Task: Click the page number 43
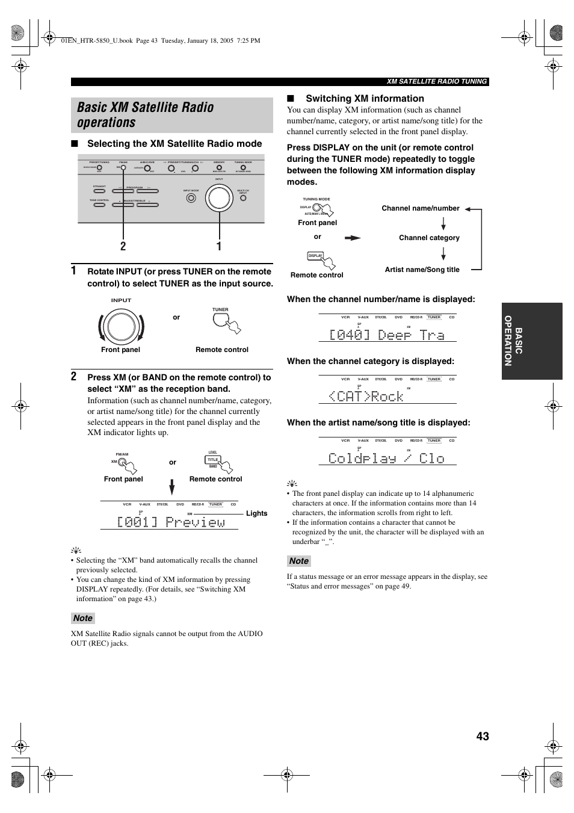[x=482, y=736]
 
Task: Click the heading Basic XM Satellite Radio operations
[x=146, y=115]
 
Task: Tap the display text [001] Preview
[x=171, y=522]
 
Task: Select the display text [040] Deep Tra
[x=386, y=335]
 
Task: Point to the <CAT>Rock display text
[x=366, y=396]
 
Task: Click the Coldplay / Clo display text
[x=386, y=458]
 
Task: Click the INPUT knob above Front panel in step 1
[x=121, y=327]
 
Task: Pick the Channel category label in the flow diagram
[x=429, y=238]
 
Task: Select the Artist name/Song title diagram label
[x=422, y=270]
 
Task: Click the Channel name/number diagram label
[x=420, y=208]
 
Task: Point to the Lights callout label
[x=256, y=513]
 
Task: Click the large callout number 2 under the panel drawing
[x=123, y=246]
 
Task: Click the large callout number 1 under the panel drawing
[x=219, y=246]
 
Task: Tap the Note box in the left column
[x=83, y=618]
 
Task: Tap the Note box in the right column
[x=298, y=561]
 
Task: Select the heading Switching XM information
[x=365, y=99]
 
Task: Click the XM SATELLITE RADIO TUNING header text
[x=436, y=82]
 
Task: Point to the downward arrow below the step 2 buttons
[x=172, y=487]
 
